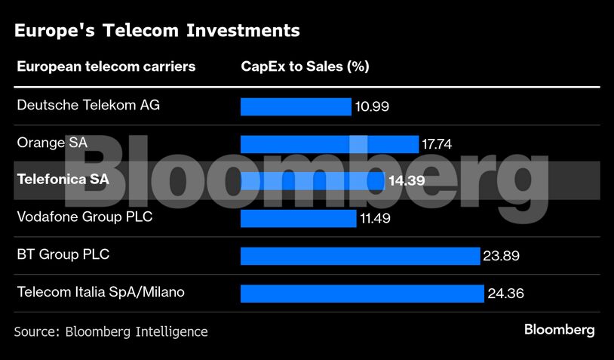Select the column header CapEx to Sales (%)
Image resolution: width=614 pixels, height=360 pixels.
pyautogui.click(x=305, y=66)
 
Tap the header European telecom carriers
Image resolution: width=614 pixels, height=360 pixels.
pyautogui.click(x=106, y=66)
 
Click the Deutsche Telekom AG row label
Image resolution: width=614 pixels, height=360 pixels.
pyautogui.click(x=88, y=105)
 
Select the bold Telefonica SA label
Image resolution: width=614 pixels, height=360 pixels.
pyautogui.click(x=63, y=180)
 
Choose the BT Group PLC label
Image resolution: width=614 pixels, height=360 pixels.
pyautogui.click(x=63, y=254)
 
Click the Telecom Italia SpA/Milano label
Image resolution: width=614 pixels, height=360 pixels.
pyautogui.click(x=100, y=291)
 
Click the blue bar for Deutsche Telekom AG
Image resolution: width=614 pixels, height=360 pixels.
pyautogui.click(x=296, y=106)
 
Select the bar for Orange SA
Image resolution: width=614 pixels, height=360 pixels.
pyautogui.click(x=329, y=144)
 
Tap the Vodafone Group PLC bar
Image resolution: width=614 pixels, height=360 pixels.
pyautogui.click(x=298, y=219)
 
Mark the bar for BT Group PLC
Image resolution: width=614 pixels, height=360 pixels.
pyautogui.click(x=360, y=256)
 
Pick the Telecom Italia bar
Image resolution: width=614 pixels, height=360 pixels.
pyautogui.click(x=361, y=294)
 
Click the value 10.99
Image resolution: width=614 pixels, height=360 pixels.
pyautogui.click(x=372, y=107)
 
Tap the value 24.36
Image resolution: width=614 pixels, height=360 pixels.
pyautogui.click(x=505, y=294)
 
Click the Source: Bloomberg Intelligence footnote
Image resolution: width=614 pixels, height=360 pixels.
pyautogui.click(x=111, y=331)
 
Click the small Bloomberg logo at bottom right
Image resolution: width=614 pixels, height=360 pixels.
pyautogui.click(x=559, y=330)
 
